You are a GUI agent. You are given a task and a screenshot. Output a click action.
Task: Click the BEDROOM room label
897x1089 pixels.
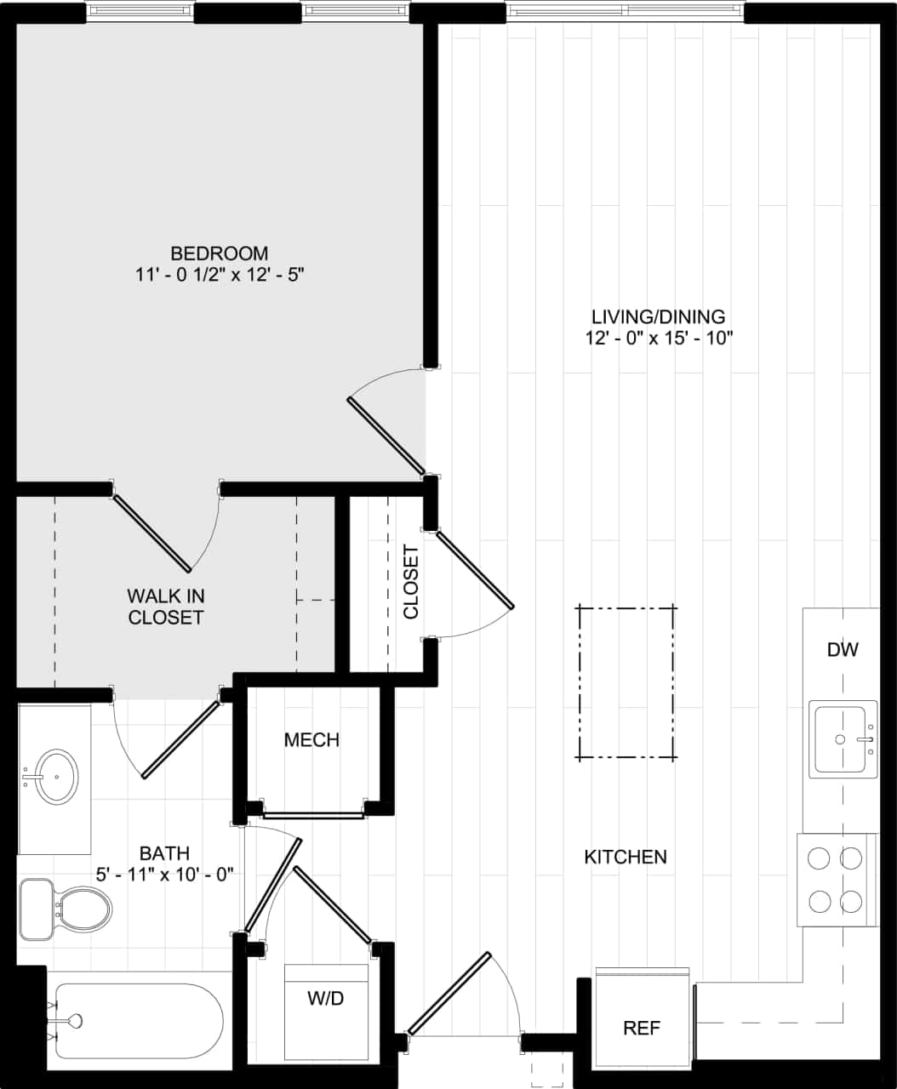pyautogui.click(x=220, y=253)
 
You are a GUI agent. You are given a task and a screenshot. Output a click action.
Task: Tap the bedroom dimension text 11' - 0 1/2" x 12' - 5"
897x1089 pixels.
pyautogui.click(x=220, y=275)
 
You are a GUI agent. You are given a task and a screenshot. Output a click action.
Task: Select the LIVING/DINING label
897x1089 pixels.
pyautogui.click(x=658, y=316)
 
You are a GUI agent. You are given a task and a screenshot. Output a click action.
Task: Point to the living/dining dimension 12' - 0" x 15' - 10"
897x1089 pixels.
pyautogui.click(x=658, y=338)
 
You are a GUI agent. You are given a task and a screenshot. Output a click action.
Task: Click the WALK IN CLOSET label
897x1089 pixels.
pyautogui.click(x=166, y=607)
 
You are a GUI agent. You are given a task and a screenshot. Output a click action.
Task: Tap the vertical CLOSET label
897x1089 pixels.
pyautogui.click(x=411, y=582)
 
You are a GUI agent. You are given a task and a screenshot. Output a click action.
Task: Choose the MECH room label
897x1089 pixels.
pyautogui.click(x=311, y=740)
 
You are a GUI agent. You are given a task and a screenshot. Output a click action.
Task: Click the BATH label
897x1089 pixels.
pyautogui.click(x=164, y=852)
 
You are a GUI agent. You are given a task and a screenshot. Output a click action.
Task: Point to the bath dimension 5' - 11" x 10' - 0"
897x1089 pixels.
pyautogui.click(x=164, y=874)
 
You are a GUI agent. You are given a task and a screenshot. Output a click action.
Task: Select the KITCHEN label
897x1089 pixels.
pyautogui.click(x=626, y=857)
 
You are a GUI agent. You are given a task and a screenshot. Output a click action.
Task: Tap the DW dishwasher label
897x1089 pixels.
pyautogui.click(x=843, y=650)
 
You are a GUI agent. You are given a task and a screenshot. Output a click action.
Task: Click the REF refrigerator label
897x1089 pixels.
pyautogui.click(x=642, y=1028)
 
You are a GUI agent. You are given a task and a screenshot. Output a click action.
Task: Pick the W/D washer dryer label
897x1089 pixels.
pyautogui.click(x=326, y=998)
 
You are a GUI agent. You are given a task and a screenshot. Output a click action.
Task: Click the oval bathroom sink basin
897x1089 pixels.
pyautogui.click(x=56, y=776)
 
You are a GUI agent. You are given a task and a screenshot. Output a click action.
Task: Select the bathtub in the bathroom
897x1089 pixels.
pyautogui.click(x=136, y=1021)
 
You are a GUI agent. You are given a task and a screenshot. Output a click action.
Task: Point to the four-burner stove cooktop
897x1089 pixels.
pyautogui.click(x=835, y=880)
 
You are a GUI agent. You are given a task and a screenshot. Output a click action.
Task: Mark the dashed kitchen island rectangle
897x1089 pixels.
pyautogui.click(x=627, y=682)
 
